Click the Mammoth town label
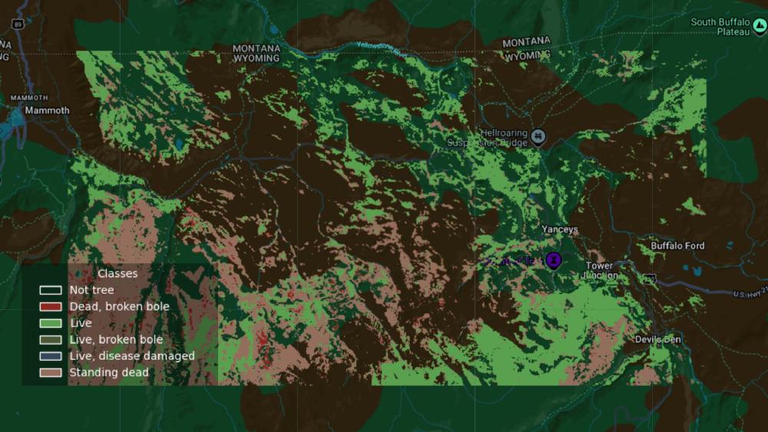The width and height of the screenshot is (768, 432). tap(46, 110)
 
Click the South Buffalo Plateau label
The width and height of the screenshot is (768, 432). tap(720, 27)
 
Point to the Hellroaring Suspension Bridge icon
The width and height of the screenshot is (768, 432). tap(540, 137)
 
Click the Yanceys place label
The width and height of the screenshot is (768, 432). tap(559, 229)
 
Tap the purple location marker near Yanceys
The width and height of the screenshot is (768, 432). tap(553, 260)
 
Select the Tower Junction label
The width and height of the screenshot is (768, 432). tap(600, 271)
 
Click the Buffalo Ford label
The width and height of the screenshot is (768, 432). tap(677, 246)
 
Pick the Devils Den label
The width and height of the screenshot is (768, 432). tap(658, 339)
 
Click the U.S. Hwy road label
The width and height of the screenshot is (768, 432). tap(750, 294)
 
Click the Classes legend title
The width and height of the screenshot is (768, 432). tap(118, 273)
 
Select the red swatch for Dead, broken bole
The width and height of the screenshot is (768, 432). tap(51, 307)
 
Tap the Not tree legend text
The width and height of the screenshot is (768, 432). tap(91, 290)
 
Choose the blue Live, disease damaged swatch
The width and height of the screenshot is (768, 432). tap(51, 357)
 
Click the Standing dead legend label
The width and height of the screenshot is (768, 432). tap(109, 373)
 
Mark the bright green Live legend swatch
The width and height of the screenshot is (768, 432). tap(51, 323)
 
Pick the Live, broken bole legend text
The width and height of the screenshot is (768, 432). tap(116, 340)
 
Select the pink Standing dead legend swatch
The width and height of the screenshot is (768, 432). tap(51, 373)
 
